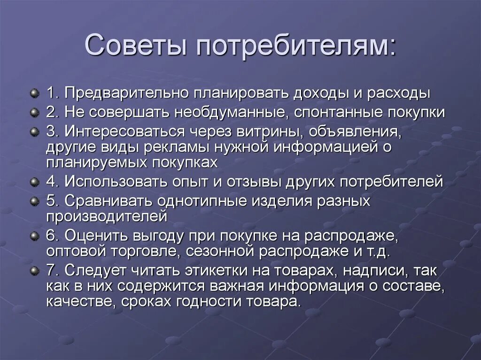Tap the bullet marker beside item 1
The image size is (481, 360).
point(35,93)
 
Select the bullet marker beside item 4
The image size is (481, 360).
point(35,181)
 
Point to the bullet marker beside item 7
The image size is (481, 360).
point(35,270)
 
